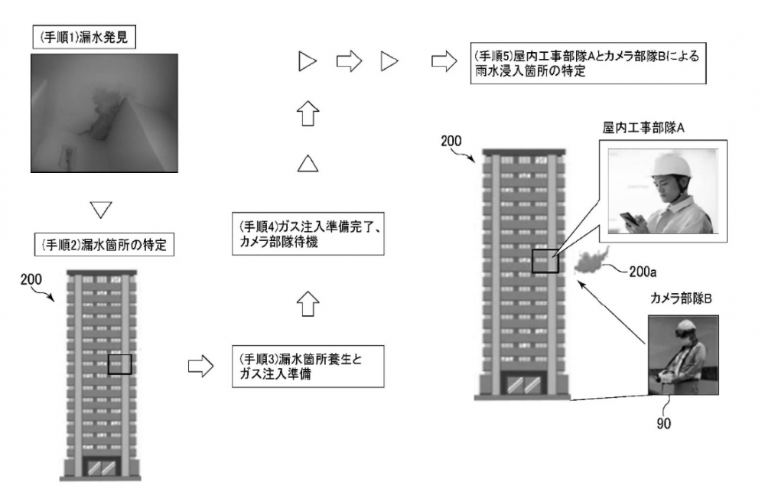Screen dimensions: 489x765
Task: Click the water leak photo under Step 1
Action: [x=103, y=111]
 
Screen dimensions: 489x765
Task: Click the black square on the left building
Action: [x=120, y=364]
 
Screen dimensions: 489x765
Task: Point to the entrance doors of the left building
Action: [x=101, y=466]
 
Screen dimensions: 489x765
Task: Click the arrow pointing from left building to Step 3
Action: [x=200, y=367]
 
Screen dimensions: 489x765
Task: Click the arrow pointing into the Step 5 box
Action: [x=443, y=61]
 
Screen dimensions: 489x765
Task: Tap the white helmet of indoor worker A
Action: [x=670, y=165]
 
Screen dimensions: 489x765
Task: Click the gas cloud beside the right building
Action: [x=588, y=261]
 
